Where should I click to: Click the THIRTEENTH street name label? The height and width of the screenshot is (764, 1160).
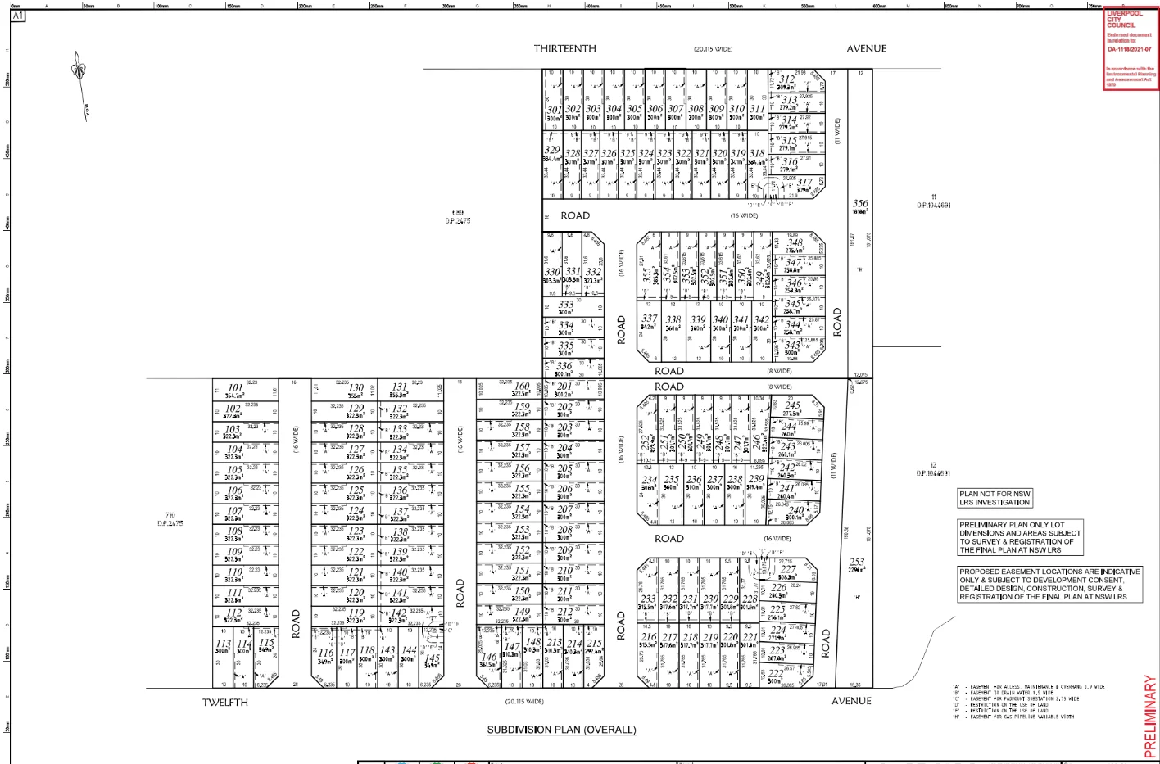565,48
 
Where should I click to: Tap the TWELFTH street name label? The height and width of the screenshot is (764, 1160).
225,702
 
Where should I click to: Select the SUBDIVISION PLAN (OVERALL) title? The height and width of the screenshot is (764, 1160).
561,730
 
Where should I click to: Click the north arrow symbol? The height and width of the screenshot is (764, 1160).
79,70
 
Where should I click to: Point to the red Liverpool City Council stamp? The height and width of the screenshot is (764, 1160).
1130,49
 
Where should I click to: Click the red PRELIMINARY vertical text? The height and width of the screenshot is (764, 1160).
1150,716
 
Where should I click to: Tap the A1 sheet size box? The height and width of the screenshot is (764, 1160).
18,16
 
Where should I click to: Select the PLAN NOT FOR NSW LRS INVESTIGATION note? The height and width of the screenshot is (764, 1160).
995,498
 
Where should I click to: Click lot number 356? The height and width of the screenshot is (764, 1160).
860,204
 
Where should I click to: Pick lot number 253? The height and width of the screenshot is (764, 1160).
857,563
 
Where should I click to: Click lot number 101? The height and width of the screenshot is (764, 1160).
236,387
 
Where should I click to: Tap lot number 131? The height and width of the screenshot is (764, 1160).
399,387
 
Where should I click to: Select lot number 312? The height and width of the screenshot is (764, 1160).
786,79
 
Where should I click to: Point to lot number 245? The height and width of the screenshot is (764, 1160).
792,405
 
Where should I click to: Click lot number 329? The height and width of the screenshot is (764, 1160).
552,150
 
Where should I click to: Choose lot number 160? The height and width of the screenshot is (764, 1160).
521,387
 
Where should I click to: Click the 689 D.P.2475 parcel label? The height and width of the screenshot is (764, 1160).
458,217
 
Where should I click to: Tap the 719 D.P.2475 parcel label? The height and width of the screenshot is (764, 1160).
170,519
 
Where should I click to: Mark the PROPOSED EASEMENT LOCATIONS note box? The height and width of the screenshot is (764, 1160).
1049,584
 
